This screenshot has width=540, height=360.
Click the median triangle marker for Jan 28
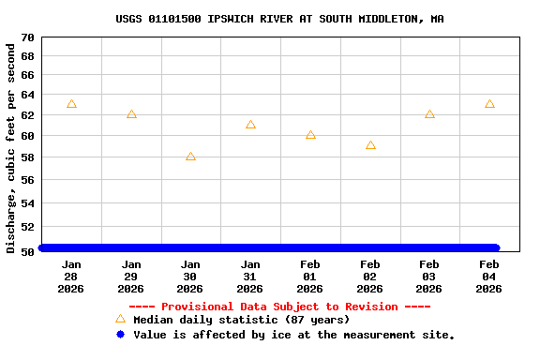click(x=71, y=104)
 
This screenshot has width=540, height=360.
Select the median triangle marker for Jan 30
click(x=190, y=157)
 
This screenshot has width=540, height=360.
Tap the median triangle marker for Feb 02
click(x=370, y=145)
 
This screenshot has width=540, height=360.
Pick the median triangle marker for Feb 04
click(x=489, y=104)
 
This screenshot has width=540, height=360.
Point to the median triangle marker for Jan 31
click(x=250, y=125)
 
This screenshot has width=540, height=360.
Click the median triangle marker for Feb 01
click(x=310, y=135)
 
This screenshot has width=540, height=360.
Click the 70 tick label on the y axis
click(x=26, y=37)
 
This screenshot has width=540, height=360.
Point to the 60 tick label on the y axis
click(x=26, y=136)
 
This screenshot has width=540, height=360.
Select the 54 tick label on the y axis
click(x=26, y=202)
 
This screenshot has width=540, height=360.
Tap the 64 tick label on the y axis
click(x=26, y=95)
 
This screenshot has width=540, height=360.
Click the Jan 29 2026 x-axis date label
click(x=131, y=277)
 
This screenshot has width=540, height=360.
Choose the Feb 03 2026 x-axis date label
click(x=429, y=277)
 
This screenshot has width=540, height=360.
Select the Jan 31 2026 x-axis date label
click(x=250, y=277)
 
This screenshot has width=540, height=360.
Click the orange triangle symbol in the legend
click(x=120, y=319)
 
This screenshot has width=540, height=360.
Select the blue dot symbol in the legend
click(x=120, y=334)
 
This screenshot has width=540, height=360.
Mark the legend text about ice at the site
click(x=293, y=335)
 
